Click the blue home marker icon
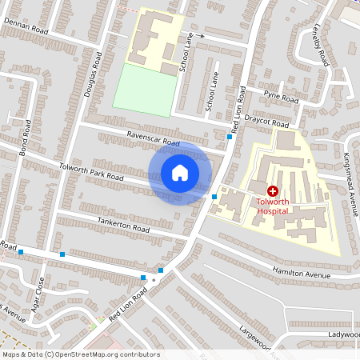pyautogui.click(x=180, y=173)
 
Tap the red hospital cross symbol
pyautogui.click(x=272, y=191)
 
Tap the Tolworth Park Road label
pyautogui.click(x=91, y=171)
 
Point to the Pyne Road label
pyautogui.click(x=282, y=98)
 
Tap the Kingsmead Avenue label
pyautogui.click(x=350, y=184)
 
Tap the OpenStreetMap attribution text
pyautogui.click(x=81, y=354)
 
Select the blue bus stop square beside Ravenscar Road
pyautogui.click(x=230, y=137)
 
